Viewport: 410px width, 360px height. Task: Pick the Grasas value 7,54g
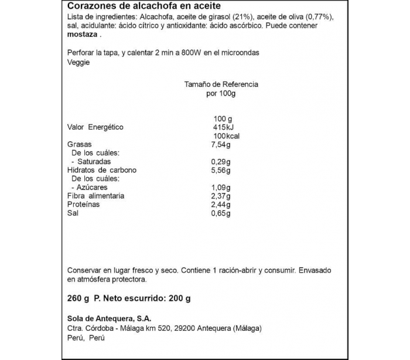[220, 145]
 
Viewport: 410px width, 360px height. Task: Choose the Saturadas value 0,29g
[220, 162]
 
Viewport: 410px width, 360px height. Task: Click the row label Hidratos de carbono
[101, 170]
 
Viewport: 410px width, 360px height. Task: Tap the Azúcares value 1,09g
[220, 187]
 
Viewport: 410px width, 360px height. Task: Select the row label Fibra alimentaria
[95, 196]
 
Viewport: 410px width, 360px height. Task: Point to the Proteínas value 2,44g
[220, 204]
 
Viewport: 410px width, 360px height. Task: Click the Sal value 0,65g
[220, 213]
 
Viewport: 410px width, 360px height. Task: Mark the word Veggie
[79, 63]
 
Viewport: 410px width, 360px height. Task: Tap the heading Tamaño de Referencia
[221, 84]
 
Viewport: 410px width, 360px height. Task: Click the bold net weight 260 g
[78, 298]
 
